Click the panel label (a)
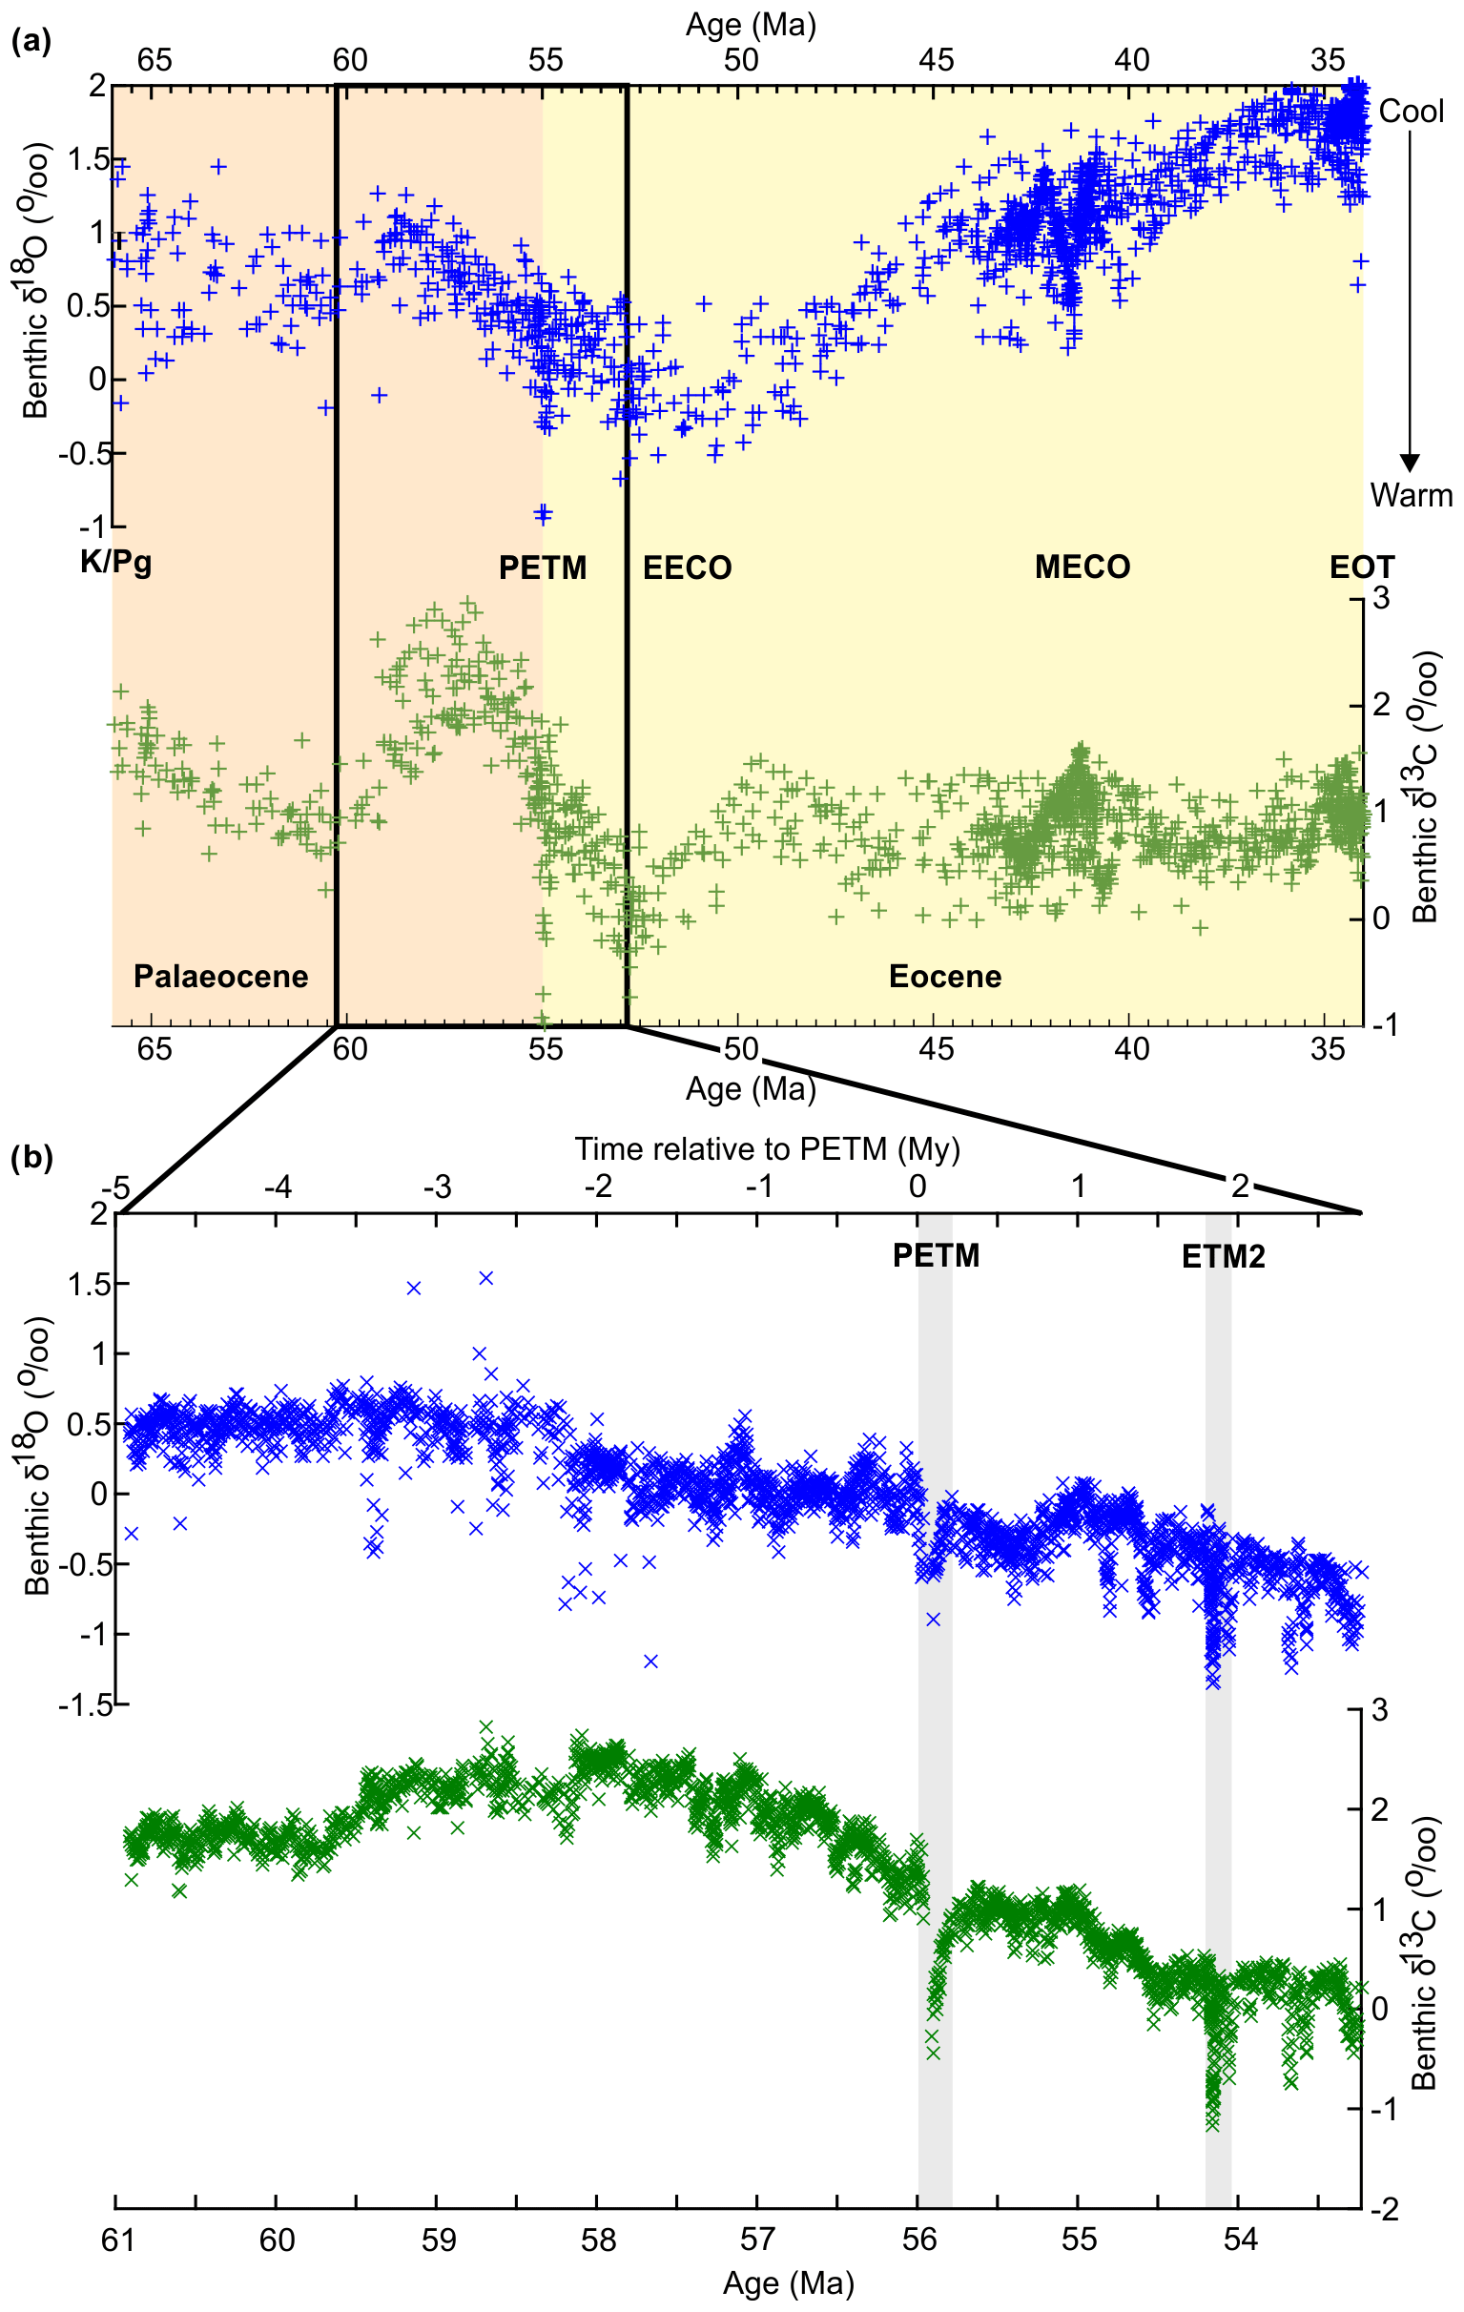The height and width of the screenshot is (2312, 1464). (31, 41)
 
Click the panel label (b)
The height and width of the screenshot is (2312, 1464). (31, 1158)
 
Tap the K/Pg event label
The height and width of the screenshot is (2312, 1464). (115, 562)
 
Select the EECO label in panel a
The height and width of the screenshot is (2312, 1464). (687, 568)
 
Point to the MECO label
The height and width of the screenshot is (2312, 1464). (1082, 567)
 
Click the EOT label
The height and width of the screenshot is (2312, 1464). (1361, 568)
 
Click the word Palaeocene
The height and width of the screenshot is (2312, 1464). (221, 977)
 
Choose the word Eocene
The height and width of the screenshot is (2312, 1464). (944, 977)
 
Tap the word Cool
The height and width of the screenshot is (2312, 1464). (1412, 112)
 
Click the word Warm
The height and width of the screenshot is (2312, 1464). (1412, 495)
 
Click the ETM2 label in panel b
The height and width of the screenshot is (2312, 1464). (1223, 1256)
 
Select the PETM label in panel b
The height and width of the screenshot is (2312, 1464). (936, 1255)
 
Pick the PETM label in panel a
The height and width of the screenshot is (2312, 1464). (543, 568)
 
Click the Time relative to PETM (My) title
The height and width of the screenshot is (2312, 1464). (767, 1148)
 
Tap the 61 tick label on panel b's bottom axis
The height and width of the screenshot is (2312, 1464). (117, 2240)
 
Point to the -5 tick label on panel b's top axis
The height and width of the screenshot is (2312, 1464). (115, 1187)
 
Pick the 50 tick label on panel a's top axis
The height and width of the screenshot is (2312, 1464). (741, 60)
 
